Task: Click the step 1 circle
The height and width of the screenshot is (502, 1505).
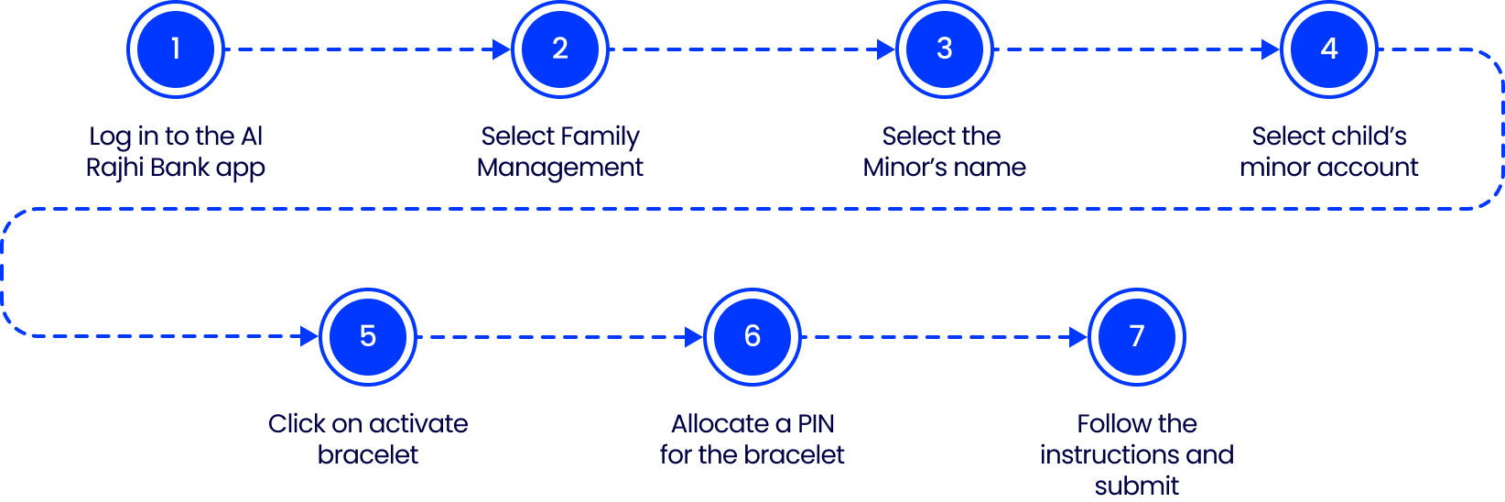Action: coord(176,49)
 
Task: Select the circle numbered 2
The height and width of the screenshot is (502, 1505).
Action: coord(560,49)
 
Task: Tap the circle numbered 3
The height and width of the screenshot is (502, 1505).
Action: coord(945,49)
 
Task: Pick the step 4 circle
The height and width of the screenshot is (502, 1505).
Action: coord(1329,49)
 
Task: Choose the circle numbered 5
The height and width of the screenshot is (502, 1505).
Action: coord(368,337)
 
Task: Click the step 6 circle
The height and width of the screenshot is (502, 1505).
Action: coord(752,337)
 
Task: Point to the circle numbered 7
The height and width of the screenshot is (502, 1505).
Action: coord(1137,337)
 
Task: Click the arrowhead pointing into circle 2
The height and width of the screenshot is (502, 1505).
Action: coord(502,49)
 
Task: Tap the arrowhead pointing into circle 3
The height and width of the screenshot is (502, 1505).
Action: coord(886,49)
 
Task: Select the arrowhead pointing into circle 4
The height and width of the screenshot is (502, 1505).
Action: coord(1271,49)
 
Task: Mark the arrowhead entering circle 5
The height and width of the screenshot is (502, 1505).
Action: coord(309,337)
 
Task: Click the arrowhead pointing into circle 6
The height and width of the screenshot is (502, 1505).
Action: coord(694,337)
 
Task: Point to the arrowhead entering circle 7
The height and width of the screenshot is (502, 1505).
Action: coord(1078,337)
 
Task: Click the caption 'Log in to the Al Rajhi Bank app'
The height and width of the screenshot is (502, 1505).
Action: coord(176,152)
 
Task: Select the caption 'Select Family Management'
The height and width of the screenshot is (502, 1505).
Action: coord(560,152)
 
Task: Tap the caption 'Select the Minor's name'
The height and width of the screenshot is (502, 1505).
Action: coord(945,152)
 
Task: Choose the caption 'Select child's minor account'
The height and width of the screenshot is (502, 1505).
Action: coord(1329,152)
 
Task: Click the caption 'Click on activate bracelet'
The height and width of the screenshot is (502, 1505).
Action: coord(368,440)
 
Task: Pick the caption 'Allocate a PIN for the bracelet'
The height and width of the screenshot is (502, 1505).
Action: coord(752,440)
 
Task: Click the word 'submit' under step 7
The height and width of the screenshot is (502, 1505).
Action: coord(1137,486)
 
